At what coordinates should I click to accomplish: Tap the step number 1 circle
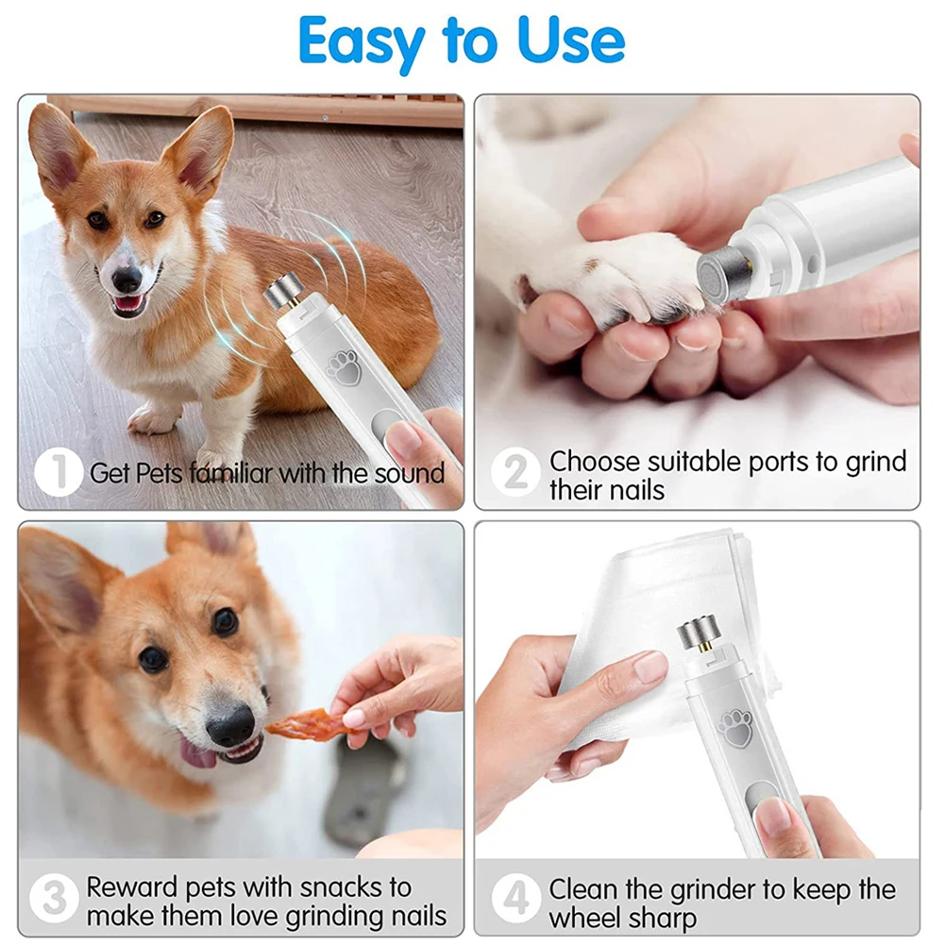click(x=59, y=472)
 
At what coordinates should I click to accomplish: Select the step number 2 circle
click(x=515, y=472)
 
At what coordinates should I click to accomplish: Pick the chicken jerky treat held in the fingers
click(x=300, y=724)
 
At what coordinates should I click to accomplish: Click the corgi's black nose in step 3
click(x=230, y=726)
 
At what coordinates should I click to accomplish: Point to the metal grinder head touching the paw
click(x=723, y=273)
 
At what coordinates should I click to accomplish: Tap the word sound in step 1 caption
click(x=409, y=473)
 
